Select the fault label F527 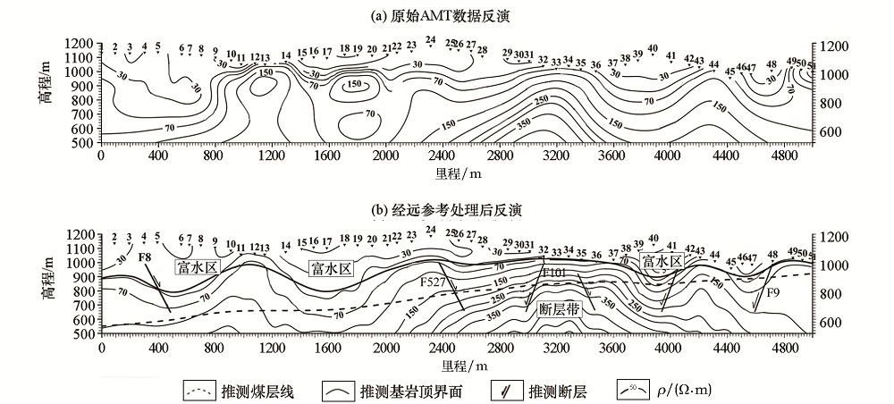pos(434,281)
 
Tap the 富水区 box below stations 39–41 pos(661,261)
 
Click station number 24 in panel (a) pos(430,40)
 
